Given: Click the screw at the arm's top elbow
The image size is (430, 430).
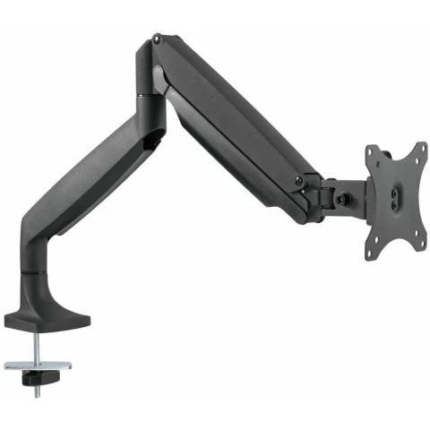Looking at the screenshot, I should [159, 39].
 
